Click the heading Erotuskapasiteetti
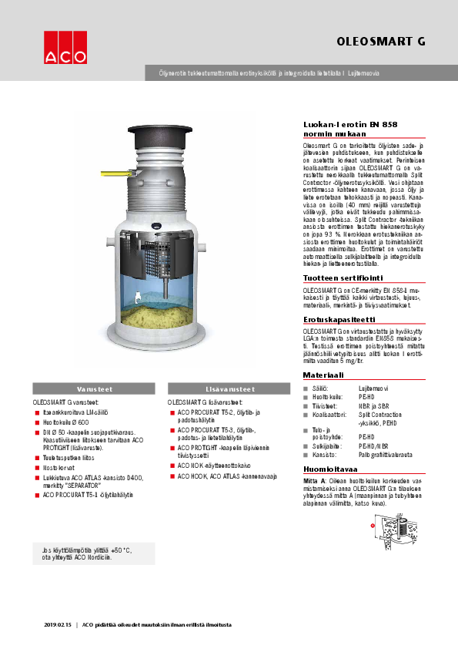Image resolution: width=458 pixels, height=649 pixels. click(339, 318)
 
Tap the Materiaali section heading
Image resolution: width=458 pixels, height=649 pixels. click(323, 375)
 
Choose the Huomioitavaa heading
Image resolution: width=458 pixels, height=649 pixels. click(330, 468)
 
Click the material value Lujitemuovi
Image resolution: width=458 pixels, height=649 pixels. click(374, 387)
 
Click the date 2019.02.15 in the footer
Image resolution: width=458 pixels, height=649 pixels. click(57, 624)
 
